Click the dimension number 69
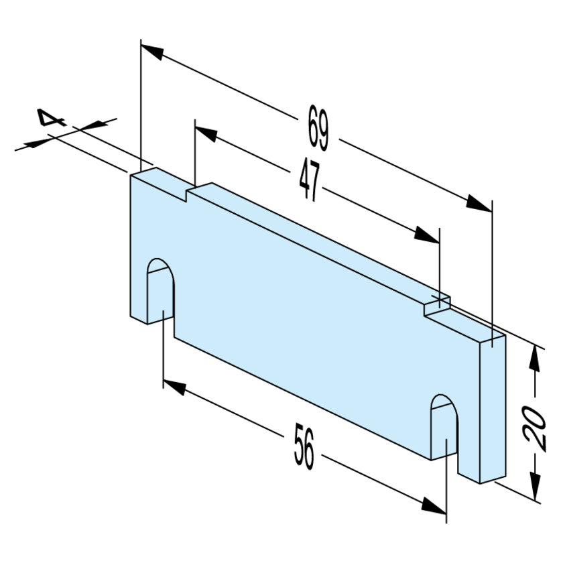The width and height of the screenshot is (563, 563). pyautogui.click(x=318, y=128)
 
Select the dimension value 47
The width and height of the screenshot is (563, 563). pyautogui.click(x=310, y=180)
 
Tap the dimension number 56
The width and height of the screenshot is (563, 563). pyautogui.click(x=304, y=446)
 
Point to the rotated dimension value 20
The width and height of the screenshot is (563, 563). pyautogui.click(x=534, y=428)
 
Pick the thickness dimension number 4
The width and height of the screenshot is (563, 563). pyautogui.click(x=52, y=117)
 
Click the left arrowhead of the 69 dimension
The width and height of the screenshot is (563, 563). pyautogui.click(x=152, y=52)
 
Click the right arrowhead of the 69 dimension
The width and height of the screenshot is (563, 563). pyautogui.click(x=479, y=204)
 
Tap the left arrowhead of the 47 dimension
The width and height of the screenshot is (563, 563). pyautogui.click(x=206, y=134)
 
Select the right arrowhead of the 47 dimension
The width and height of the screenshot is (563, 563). pyautogui.click(x=426, y=235)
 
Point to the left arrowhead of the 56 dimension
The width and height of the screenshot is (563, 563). pyautogui.click(x=174, y=388)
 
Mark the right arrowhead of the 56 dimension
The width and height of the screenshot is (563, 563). pyautogui.click(x=434, y=505)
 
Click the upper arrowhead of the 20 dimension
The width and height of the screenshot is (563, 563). pyautogui.click(x=534, y=358)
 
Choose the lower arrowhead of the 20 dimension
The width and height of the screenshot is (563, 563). pyautogui.click(x=535, y=487)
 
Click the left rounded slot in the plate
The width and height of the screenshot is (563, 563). pyautogui.click(x=160, y=291)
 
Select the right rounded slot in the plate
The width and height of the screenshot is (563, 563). pyautogui.click(x=444, y=428)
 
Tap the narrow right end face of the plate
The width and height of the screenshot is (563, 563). pyautogui.click(x=493, y=410)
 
